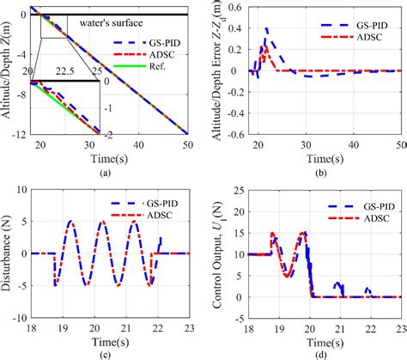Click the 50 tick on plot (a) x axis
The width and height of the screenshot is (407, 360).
[188, 143]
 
